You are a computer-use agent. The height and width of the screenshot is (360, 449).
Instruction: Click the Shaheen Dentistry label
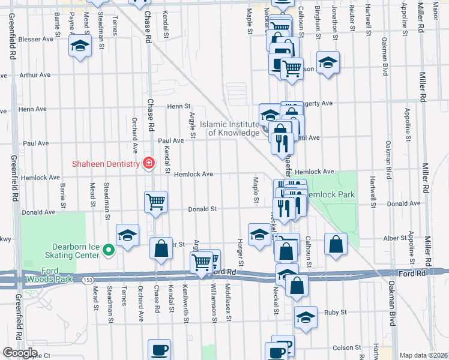click(105, 163)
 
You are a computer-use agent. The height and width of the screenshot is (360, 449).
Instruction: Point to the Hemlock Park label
click(330, 194)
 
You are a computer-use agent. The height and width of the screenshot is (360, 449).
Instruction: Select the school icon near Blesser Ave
click(79, 47)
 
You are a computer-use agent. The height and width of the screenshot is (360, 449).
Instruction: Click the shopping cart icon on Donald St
click(155, 202)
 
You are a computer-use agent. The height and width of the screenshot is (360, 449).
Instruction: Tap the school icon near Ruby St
click(306, 318)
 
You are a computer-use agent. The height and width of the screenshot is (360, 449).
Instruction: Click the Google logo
click(20, 353)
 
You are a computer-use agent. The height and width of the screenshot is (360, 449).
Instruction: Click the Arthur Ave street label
click(35, 76)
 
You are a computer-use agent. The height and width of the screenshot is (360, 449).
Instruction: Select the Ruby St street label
click(336, 313)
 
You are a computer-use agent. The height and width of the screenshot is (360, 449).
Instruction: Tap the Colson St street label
click(346, 347)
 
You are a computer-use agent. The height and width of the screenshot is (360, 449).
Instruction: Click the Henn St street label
click(178, 106)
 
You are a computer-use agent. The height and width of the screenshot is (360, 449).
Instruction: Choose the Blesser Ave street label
click(36, 40)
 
